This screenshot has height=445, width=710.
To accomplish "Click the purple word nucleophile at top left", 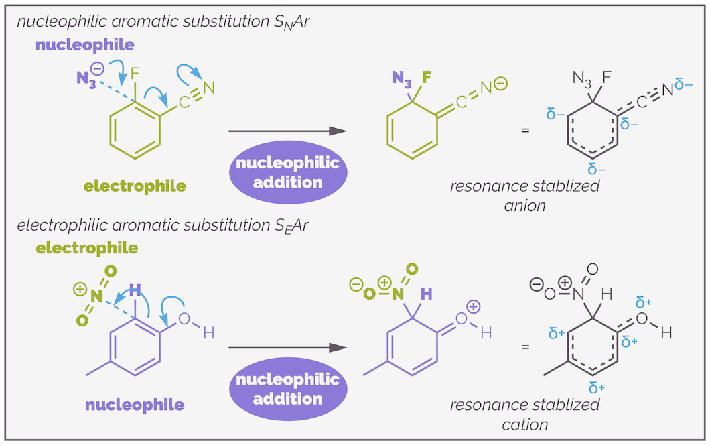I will click(x=86, y=45).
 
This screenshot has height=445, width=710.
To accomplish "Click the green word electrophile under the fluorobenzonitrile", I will click(x=135, y=186).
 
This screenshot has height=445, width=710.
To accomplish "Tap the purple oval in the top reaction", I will click(x=288, y=172).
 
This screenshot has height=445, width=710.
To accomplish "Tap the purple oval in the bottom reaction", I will click(x=288, y=389).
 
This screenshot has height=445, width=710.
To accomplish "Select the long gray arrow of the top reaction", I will click(x=288, y=131).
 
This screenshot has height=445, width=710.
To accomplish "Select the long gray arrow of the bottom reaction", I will click(x=288, y=348).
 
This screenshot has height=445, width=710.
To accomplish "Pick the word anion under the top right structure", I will click(x=524, y=206).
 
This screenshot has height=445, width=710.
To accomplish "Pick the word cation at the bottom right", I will click(x=524, y=424).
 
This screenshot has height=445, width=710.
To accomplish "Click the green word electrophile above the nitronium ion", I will click(x=87, y=248).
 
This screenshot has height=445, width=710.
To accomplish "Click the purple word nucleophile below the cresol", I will click(x=135, y=405).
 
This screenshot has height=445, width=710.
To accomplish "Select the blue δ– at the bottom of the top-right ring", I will click(x=597, y=168).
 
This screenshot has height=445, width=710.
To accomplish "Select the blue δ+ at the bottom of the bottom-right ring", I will click(x=597, y=387).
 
